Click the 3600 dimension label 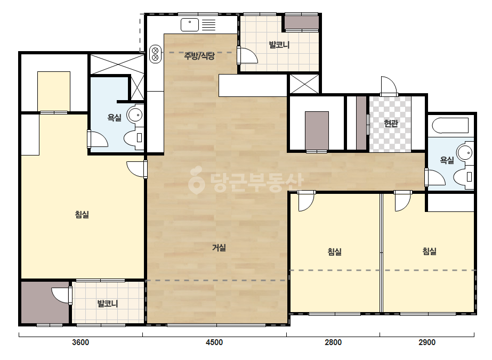(x=80, y=342)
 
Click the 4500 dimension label (x=214, y=342)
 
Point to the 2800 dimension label (x=333, y=342)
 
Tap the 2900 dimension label (x=427, y=342)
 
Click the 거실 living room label (x=219, y=248)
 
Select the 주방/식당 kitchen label (x=199, y=56)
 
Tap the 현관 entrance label (x=391, y=123)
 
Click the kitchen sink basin (x=190, y=25)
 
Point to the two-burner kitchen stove (x=155, y=54)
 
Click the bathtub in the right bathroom (x=450, y=126)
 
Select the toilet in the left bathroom (x=134, y=138)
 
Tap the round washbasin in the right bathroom (x=465, y=153)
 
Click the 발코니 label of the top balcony (x=279, y=45)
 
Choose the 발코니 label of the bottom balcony (x=108, y=304)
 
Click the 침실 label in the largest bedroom (x=82, y=215)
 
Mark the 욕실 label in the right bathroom (x=447, y=160)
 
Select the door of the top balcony (x=247, y=55)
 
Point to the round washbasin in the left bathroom (x=135, y=115)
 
